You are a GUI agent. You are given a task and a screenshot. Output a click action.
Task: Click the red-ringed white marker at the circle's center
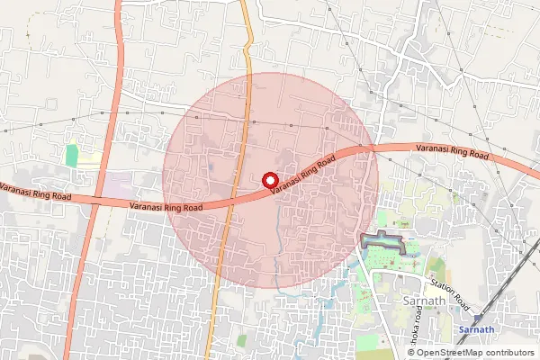268,179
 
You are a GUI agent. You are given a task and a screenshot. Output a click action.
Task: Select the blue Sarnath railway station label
476,330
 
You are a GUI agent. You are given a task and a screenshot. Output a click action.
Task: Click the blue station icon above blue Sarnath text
475,317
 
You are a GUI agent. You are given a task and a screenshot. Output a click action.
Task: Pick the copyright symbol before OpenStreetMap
410,353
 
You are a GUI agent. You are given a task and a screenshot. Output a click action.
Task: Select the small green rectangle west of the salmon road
71,155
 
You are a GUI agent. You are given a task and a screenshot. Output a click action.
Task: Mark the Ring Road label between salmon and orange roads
166,205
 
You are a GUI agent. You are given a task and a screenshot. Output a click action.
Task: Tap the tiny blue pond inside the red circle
210,166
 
